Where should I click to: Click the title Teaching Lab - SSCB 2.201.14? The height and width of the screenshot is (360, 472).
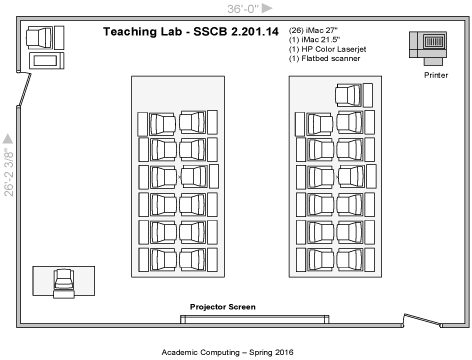(189, 32)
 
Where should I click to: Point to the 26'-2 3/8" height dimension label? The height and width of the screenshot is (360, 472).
(9, 174)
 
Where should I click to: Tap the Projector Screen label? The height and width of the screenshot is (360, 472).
(223, 307)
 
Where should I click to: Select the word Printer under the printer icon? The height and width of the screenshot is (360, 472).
(436, 74)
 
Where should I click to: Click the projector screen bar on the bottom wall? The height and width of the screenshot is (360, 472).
(255, 320)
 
